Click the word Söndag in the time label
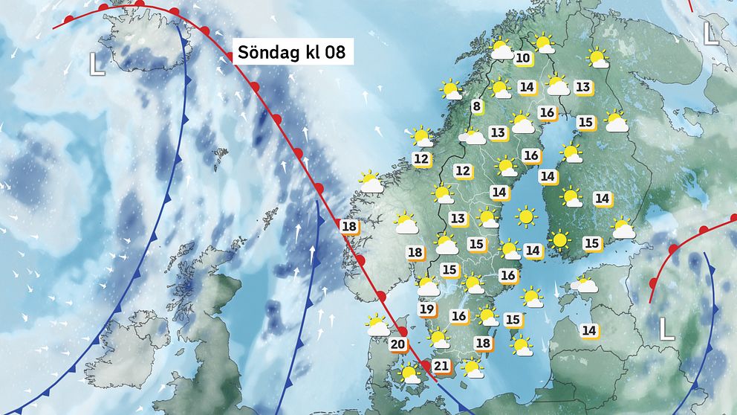pos(264,53)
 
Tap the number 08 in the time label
pos(332,53)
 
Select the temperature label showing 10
pos(523,58)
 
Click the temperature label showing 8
pos(477,107)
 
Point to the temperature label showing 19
pos(426,309)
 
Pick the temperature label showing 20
pos(398,344)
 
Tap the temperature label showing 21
pos(441,365)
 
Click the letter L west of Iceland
pos(97,65)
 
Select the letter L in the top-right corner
pos(711,33)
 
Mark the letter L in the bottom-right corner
pos(667,329)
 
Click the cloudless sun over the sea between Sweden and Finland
pos(526,217)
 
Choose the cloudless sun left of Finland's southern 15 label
pos(560,240)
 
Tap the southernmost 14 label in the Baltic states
pos(589,329)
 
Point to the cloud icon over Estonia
pos(587,285)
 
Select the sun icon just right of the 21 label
pos(470,367)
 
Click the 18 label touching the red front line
pos(348,226)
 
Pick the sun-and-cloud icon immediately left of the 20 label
pos(377,326)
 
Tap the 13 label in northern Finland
pos(582,87)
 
